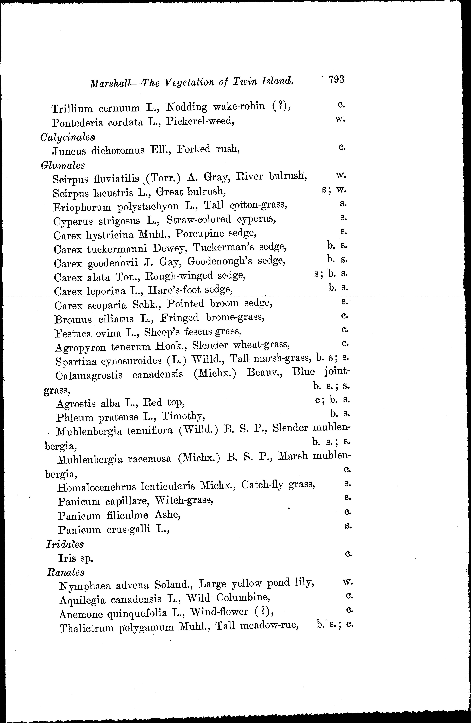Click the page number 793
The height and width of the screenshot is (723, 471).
(336, 80)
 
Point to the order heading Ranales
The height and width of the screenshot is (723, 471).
(65, 572)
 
